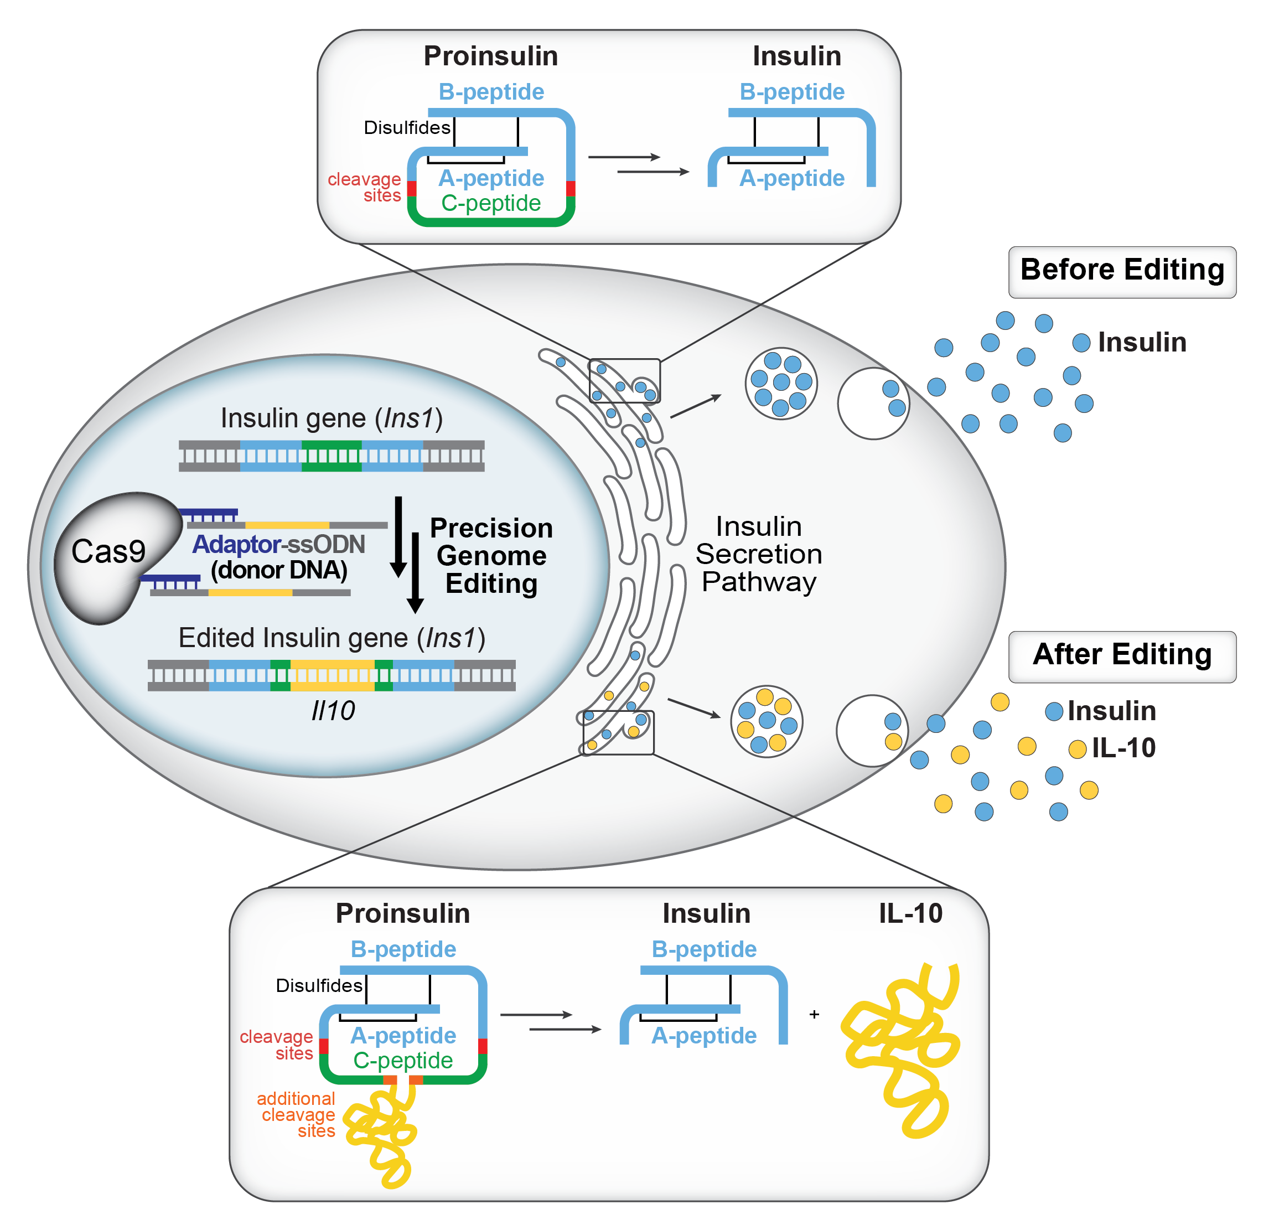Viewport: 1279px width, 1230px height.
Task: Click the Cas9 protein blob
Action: [x=108, y=555]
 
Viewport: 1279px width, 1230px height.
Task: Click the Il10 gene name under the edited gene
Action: [x=333, y=711]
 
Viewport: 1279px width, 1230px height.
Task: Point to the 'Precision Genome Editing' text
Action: [x=491, y=555]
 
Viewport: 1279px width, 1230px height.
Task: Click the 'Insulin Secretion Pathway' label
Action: [x=758, y=554]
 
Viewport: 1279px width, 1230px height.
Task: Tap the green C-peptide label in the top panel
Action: [x=491, y=204]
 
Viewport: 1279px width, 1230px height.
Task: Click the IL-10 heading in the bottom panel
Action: [x=910, y=913]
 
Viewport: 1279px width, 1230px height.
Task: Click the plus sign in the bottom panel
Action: [x=814, y=1014]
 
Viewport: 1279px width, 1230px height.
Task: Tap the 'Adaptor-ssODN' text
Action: [x=278, y=544]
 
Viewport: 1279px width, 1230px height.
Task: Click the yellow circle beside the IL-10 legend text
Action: [x=1076, y=748]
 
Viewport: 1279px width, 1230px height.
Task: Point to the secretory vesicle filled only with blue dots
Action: [x=781, y=383]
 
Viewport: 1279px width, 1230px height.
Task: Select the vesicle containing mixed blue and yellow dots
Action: [x=766, y=721]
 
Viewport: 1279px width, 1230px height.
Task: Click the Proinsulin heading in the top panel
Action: [x=491, y=56]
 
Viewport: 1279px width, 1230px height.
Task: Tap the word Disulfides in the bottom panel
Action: [x=318, y=985]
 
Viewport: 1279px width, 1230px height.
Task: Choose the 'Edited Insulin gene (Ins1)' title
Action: [x=332, y=638]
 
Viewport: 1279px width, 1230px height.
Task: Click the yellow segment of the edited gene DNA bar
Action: [x=332, y=675]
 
